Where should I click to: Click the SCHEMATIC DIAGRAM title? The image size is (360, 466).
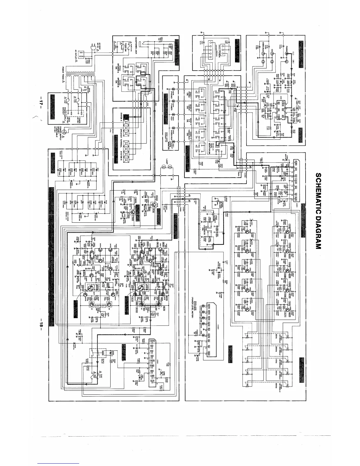(318, 211)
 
